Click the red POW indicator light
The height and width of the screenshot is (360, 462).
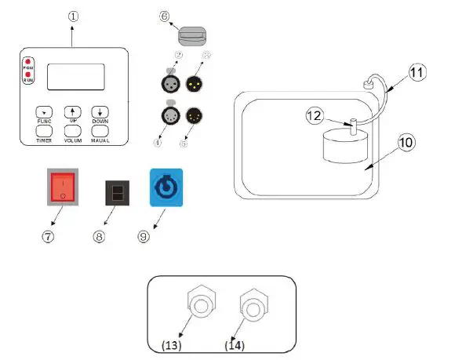(28, 62)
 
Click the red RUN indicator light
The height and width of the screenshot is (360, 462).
(28, 75)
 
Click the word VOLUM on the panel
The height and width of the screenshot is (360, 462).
(73, 140)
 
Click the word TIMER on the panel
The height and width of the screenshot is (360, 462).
(44, 140)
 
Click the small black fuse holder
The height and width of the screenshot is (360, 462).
(116, 192)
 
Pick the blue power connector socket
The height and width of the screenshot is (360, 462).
(166, 187)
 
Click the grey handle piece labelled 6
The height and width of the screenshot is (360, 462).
(192, 36)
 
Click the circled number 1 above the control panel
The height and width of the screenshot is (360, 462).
(73, 13)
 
